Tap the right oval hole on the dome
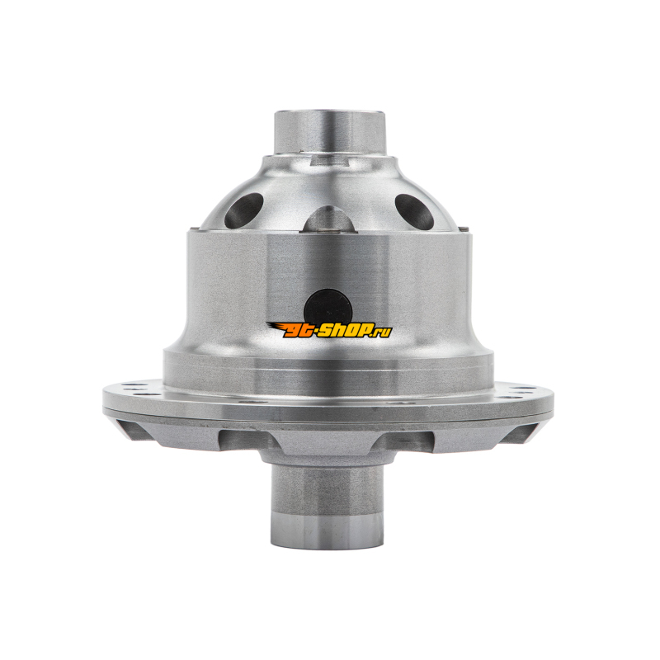pos(414,211)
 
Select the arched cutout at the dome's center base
pos(330,219)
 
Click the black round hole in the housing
pos(328,307)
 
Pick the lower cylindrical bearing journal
pos(328,507)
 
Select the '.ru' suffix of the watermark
pos(381,332)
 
